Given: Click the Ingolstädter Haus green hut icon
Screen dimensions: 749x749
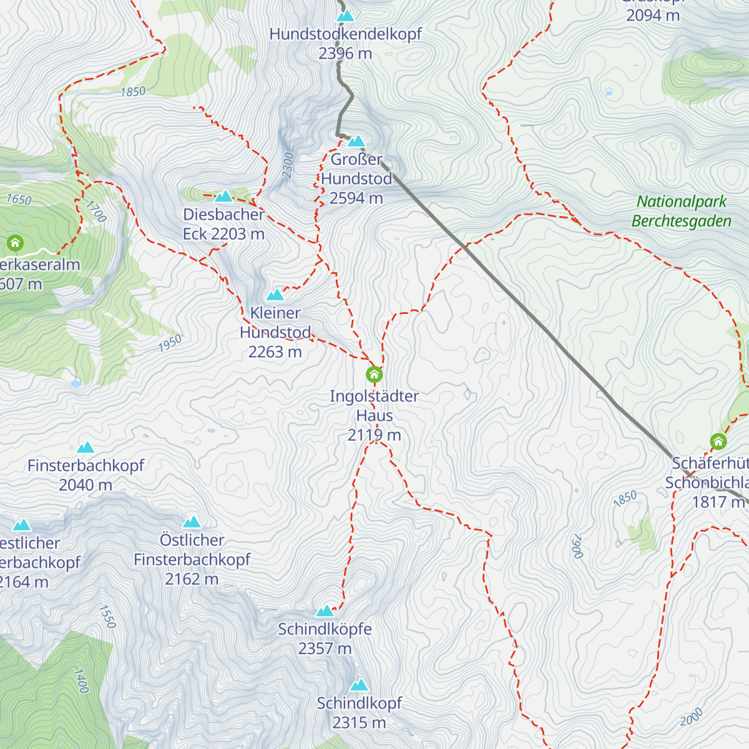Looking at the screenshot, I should [x=374, y=374].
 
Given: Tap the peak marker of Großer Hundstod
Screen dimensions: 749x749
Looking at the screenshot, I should [x=356, y=141].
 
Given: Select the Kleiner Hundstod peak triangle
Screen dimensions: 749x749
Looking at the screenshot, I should [x=275, y=295].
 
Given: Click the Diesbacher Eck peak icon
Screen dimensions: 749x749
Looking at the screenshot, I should [x=223, y=197].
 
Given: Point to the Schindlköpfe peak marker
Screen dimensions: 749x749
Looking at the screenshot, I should [x=325, y=610].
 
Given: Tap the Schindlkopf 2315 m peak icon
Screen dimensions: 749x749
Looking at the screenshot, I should [x=359, y=685].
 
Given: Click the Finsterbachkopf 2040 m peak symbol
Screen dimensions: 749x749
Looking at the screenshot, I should [x=86, y=448].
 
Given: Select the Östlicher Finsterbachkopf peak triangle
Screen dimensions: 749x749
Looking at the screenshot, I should [x=192, y=522].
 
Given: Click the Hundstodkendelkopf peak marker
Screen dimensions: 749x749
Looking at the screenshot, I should [x=345, y=16].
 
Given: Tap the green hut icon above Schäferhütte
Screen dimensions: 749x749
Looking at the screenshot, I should [x=718, y=442].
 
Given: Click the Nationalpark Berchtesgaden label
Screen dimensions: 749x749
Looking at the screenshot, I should [x=682, y=211].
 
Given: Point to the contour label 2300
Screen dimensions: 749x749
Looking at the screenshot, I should [x=288, y=165].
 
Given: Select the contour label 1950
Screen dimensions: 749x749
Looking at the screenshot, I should [x=170, y=343].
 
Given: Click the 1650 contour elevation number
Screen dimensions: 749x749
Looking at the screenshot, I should [x=19, y=200].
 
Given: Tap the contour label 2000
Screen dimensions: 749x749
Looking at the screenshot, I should [x=691, y=717].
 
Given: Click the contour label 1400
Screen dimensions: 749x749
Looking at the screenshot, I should [x=81, y=680].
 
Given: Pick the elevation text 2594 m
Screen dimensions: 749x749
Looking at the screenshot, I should [x=356, y=198].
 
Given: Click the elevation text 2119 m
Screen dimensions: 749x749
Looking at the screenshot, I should [x=374, y=435].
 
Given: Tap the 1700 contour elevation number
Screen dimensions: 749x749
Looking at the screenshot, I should [x=97, y=211].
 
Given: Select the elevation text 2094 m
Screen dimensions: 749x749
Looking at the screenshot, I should [x=653, y=16].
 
